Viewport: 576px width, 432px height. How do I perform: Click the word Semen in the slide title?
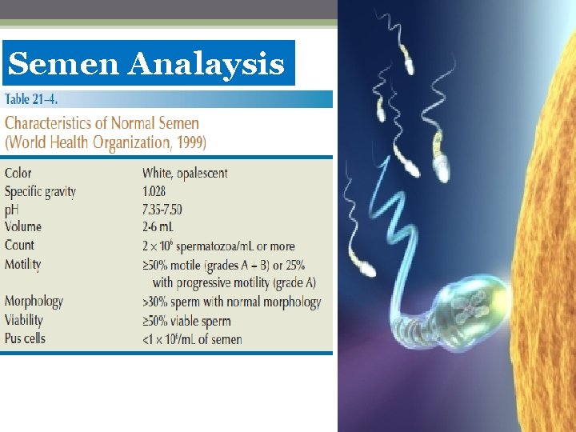tap(65, 63)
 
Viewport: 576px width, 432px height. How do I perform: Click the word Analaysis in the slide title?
tap(206, 63)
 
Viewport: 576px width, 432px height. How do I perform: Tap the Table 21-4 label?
tap(31, 100)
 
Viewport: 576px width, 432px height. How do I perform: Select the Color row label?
tap(18, 173)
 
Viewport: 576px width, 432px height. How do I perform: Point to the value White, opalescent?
tap(185, 173)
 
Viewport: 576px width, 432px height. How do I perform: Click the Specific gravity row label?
tap(40, 191)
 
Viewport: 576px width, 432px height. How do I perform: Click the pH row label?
tap(12, 210)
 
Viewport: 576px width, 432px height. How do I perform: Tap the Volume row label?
tap(23, 227)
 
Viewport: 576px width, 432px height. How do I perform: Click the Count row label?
tap(19, 246)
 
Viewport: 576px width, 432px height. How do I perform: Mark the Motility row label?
tap(23, 264)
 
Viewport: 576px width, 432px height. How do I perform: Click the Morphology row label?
tap(34, 302)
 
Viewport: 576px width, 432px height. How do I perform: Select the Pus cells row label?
tap(25, 338)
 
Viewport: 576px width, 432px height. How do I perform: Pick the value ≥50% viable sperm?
tap(186, 321)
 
